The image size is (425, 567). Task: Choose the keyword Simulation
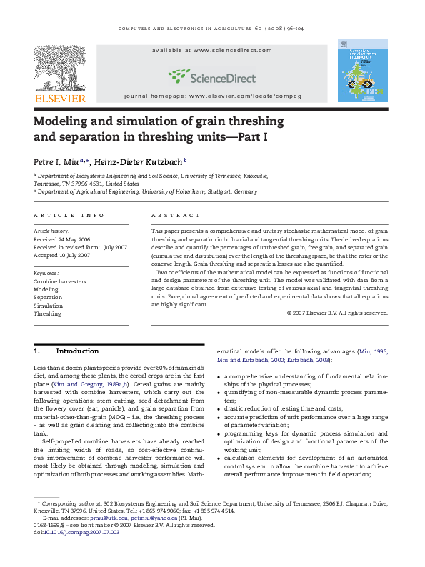(x=49, y=306)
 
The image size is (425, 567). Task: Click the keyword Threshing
(x=48, y=313)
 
